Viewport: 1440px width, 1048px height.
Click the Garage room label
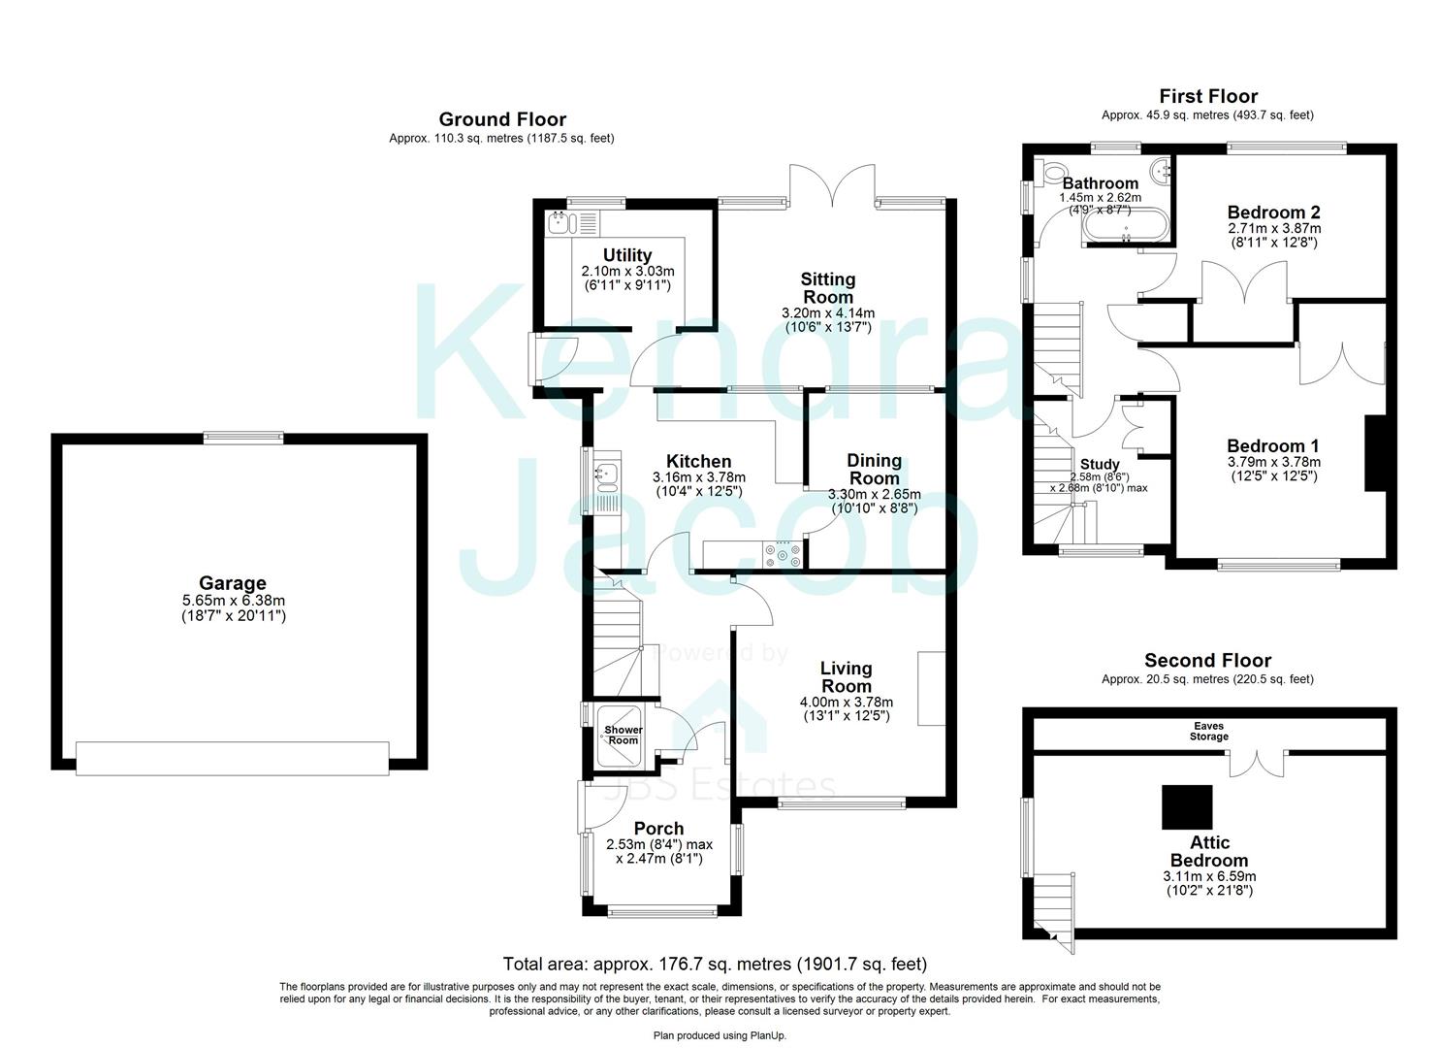point(232,583)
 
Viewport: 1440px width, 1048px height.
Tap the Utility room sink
point(558,223)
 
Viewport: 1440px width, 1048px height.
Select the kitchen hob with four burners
point(783,553)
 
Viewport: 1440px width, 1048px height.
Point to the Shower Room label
point(624,735)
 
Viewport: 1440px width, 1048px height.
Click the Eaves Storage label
point(1209,730)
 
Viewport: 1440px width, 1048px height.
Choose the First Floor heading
point(1208,96)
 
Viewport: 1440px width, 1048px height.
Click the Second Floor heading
point(1207,661)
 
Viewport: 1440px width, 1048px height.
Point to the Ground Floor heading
point(502,119)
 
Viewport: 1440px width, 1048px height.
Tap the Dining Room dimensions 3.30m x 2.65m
point(874,494)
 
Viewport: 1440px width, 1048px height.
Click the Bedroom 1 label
point(1273,446)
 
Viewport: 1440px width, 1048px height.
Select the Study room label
point(1100,465)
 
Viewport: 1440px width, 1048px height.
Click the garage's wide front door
point(233,758)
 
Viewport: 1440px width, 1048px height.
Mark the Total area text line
point(715,964)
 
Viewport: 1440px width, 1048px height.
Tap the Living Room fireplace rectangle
point(931,688)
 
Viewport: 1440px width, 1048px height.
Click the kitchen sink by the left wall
point(602,475)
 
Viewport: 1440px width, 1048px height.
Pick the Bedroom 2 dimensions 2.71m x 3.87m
point(1273,228)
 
